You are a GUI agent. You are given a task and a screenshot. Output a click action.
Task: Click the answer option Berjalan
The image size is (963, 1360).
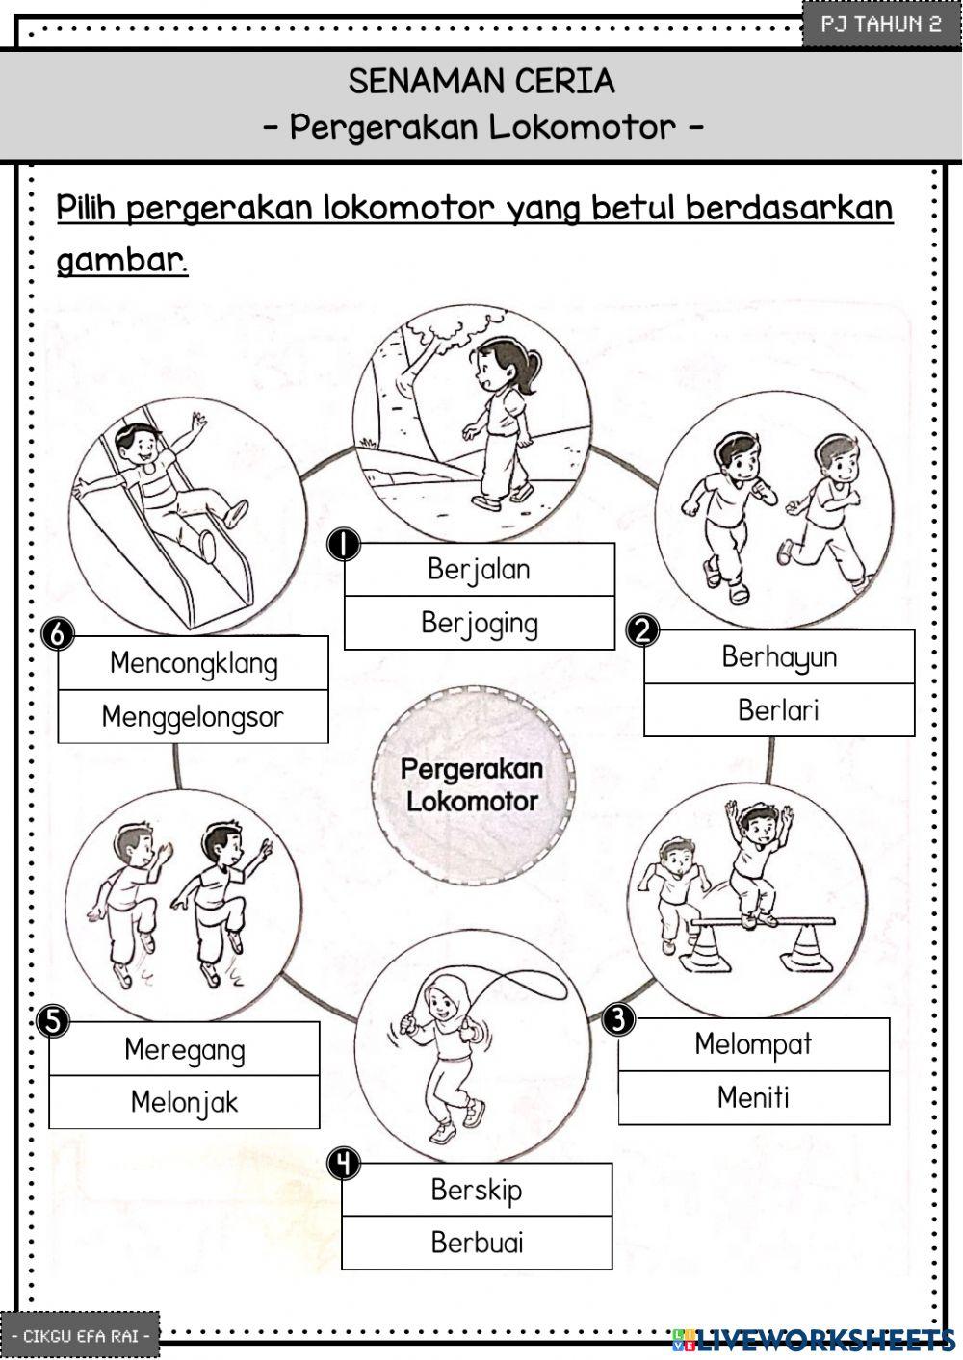pos(479,570)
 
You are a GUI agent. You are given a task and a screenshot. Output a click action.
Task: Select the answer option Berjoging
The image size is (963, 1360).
pos(479,624)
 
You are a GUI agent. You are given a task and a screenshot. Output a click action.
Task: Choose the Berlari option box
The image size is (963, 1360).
pos(778,710)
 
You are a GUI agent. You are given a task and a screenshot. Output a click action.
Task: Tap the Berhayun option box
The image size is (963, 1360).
pos(778,657)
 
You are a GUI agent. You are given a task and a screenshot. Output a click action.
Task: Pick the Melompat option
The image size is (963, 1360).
pos(753,1044)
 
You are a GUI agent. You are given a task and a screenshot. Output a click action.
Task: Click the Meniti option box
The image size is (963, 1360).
pos(753,1097)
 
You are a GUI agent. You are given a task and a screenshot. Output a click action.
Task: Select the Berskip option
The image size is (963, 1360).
pos(477,1190)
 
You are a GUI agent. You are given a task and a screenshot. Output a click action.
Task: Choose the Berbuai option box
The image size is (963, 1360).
pos(477,1243)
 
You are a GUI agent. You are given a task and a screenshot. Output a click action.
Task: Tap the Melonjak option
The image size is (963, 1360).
pos(184,1102)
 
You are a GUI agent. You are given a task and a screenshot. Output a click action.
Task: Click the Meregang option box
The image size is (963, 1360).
pos(184,1049)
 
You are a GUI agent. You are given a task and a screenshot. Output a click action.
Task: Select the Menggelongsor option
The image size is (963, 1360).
pos(193,717)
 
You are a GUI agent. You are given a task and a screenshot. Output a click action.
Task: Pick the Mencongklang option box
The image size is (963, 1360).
pos(193,663)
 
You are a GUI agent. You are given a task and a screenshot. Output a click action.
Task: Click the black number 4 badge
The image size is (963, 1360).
pos(343,1164)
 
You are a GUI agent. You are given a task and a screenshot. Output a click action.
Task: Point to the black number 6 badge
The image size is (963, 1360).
pos(59,635)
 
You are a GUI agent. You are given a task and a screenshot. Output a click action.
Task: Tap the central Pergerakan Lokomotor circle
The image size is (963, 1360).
pos(472,784)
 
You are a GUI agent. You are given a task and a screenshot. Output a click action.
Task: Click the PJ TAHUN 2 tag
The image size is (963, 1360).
pos(880,24)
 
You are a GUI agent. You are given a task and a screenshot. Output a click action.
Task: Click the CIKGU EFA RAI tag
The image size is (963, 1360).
pos(80,1336)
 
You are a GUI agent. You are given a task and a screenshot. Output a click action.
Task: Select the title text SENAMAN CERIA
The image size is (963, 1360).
pos(481,82)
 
